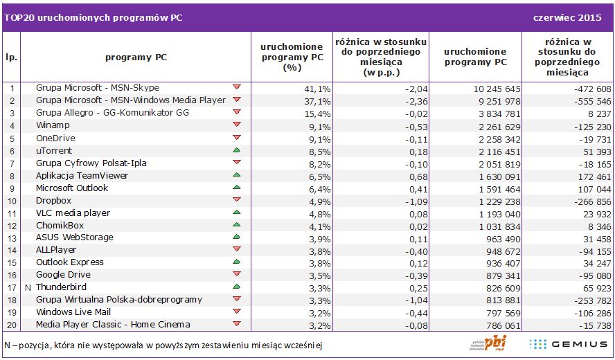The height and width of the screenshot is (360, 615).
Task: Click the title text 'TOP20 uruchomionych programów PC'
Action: (x=93, y=18)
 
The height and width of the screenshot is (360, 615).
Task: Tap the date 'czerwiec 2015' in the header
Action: (x=571, y=18)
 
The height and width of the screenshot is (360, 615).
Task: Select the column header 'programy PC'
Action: (x=136, y=57)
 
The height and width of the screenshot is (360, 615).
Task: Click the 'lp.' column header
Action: (x=11, y=57)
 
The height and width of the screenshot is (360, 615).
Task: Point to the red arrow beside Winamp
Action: (x=237, y=124)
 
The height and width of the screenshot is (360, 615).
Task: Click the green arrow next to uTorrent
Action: (x=237, y=150)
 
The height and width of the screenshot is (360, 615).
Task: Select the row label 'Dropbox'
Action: (x=53, y=201)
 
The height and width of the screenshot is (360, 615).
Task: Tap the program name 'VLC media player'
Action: (x=73, y=213)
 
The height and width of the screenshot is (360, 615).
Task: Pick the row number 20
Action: (x=12, y=325)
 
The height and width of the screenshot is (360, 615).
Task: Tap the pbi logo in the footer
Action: (x=488, y=343)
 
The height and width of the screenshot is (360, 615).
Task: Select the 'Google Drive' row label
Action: (x=63, y=275)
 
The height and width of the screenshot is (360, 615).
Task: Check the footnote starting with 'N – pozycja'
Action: (x=163, y=345)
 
